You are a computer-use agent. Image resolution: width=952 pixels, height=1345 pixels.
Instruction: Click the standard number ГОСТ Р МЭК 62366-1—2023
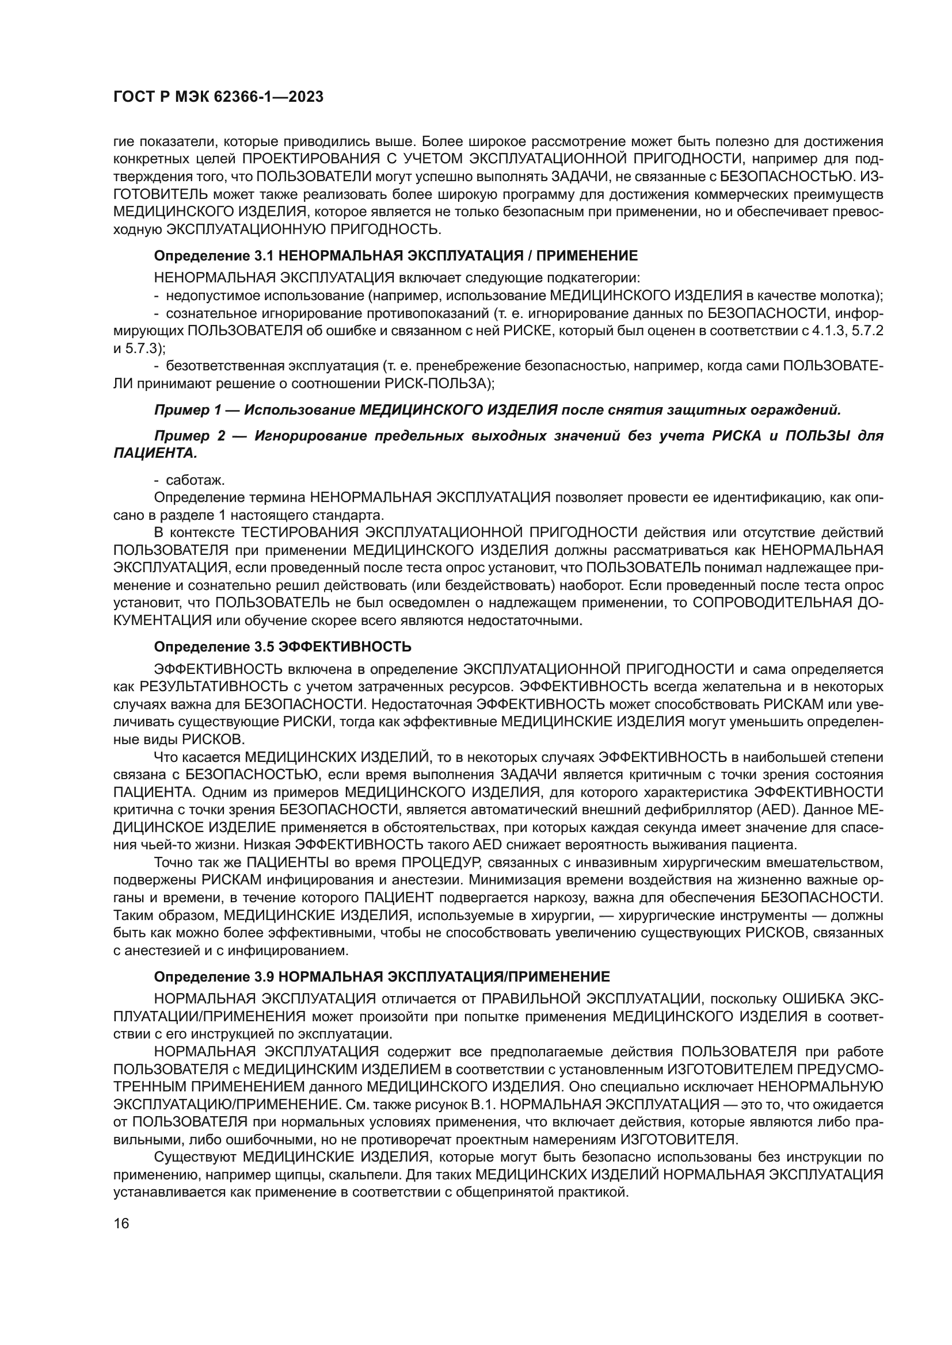point(218,97)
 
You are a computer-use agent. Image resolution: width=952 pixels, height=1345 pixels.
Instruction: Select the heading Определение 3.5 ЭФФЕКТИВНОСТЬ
point(283,647)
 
